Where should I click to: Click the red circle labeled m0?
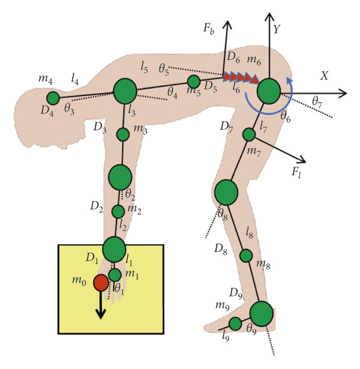101,283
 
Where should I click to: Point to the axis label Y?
277,28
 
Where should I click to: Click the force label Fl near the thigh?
296,172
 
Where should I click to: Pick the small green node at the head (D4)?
53,98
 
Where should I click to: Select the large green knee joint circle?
226,192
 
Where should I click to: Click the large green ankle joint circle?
261,313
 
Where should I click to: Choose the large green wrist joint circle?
114,248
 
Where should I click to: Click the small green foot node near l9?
235,324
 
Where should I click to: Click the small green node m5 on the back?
194,82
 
